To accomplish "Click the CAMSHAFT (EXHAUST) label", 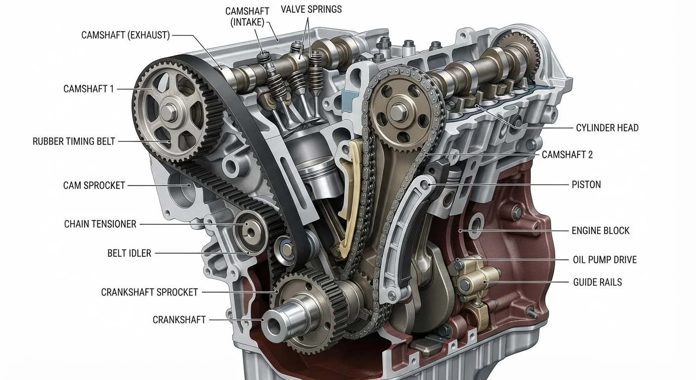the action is click(x=126, y=35).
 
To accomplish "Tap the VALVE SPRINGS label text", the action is click(x=311, y=9).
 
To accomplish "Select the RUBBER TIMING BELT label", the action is click(x=74, y=142).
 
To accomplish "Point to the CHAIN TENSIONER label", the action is click(x=100, y=224).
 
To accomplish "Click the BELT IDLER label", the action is click(x=129, y=253).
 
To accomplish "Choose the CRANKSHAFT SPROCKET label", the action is click(x=149, y=292).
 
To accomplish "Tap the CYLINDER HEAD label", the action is click(x=607, y=128).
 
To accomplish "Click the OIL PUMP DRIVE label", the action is click(x=605, y=260).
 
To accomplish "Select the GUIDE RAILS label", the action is click(x=598, y=283).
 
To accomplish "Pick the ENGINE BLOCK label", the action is click(x=600, y=231).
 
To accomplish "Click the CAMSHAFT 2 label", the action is click(x=567, y=155).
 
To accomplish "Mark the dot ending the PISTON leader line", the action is click(x=429, y=185).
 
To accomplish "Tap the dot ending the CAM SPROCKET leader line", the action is click(x=189, y=186).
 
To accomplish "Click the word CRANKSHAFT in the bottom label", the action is click(x=179, y=320).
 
